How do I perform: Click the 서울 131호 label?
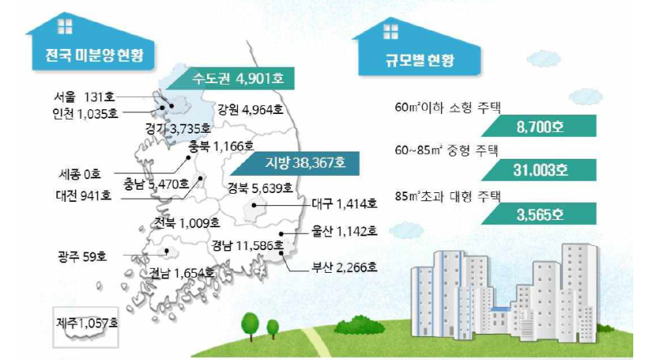coord(85,97)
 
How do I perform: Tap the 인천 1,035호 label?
coord(86,113)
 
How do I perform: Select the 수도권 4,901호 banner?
coord(230,78)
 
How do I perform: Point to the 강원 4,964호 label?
coord(250,109)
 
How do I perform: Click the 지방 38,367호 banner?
coord(295,163)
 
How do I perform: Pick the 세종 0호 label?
coord(80,174)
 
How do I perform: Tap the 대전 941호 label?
coord(84,195)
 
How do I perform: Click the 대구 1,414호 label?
coord(345,204)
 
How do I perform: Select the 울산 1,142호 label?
coord(345,230)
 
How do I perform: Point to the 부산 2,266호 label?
coord(345,266)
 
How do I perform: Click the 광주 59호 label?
coord(82,256)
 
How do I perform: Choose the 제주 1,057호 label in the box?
coord(87,323)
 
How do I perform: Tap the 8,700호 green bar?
coord(539,126)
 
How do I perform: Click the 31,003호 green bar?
coord(539,169)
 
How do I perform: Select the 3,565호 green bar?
coord(539,213)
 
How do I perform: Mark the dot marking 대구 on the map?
coord(254,205)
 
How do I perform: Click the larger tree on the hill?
coord(250,326)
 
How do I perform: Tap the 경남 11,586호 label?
coord(248,246)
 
